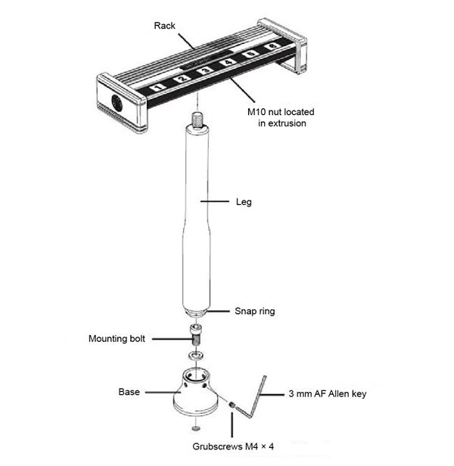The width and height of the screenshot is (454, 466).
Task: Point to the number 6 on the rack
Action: (x=271, y=49)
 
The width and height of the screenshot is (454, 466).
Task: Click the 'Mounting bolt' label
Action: (x=117, y=338)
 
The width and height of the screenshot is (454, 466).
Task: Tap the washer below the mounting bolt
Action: (x=195, y=354)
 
